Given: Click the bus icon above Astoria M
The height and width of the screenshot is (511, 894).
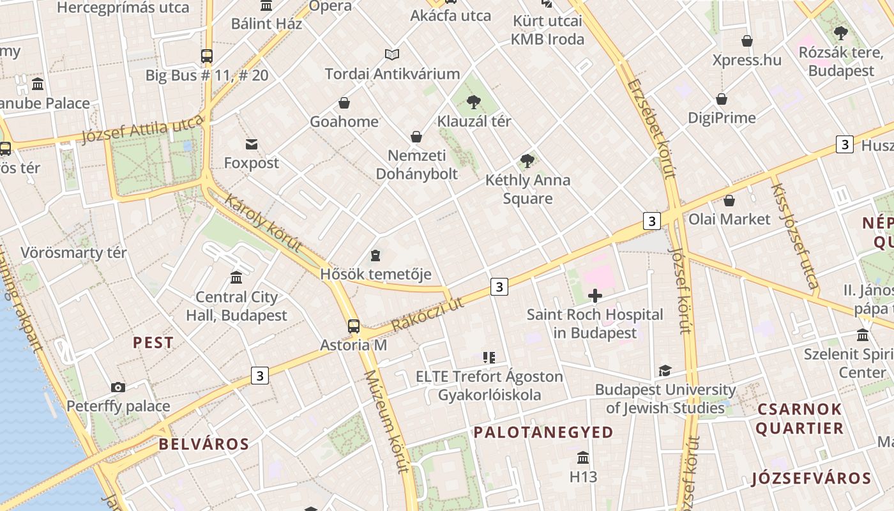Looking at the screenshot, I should point(354,326).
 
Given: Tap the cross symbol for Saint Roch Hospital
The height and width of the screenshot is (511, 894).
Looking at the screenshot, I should point(595,296).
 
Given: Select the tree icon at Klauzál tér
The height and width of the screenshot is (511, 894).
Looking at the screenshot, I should point(474,102).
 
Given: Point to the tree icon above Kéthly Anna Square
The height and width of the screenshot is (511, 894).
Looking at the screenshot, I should point(527,160).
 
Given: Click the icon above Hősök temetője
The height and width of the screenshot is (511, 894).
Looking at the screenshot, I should point(375,256).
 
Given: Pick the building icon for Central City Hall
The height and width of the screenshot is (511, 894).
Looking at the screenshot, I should point(236,278).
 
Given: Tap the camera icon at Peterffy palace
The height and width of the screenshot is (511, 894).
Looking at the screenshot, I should point(118,387).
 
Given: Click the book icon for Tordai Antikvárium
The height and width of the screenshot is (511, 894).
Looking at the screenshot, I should point(392,55).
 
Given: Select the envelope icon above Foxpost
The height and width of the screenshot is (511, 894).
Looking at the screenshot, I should point(252,144).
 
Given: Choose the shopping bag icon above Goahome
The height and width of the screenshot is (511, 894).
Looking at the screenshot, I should point(344,103).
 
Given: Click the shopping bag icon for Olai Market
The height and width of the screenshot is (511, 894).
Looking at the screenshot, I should point(729,201).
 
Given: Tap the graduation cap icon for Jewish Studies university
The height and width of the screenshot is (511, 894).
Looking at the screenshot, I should point(665,371).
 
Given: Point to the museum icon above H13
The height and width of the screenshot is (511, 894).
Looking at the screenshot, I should point(583,458).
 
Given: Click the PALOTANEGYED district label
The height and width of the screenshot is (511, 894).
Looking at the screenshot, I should point(543,432).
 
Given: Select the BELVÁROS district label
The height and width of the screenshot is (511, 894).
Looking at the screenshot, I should point(204,444).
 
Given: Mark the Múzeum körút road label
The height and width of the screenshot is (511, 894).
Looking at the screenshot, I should point(386,421).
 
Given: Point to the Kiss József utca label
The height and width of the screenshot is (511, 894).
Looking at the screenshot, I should point(794,236).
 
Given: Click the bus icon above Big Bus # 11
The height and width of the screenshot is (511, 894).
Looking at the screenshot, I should point(206,56).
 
